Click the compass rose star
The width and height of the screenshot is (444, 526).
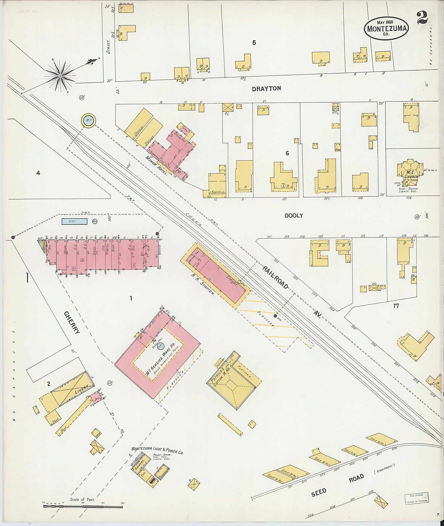pos(60,76)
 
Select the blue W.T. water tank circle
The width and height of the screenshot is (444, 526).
pos(88,121)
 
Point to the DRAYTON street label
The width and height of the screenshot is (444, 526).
pos(266,88)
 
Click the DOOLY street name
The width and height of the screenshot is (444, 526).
pos(294,216)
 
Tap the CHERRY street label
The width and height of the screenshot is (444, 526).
pos(72,323)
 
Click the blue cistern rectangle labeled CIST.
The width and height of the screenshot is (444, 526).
pos(74,221)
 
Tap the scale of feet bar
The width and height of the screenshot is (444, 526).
pos(83,506)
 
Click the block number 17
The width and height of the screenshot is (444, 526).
pos(396,306)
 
